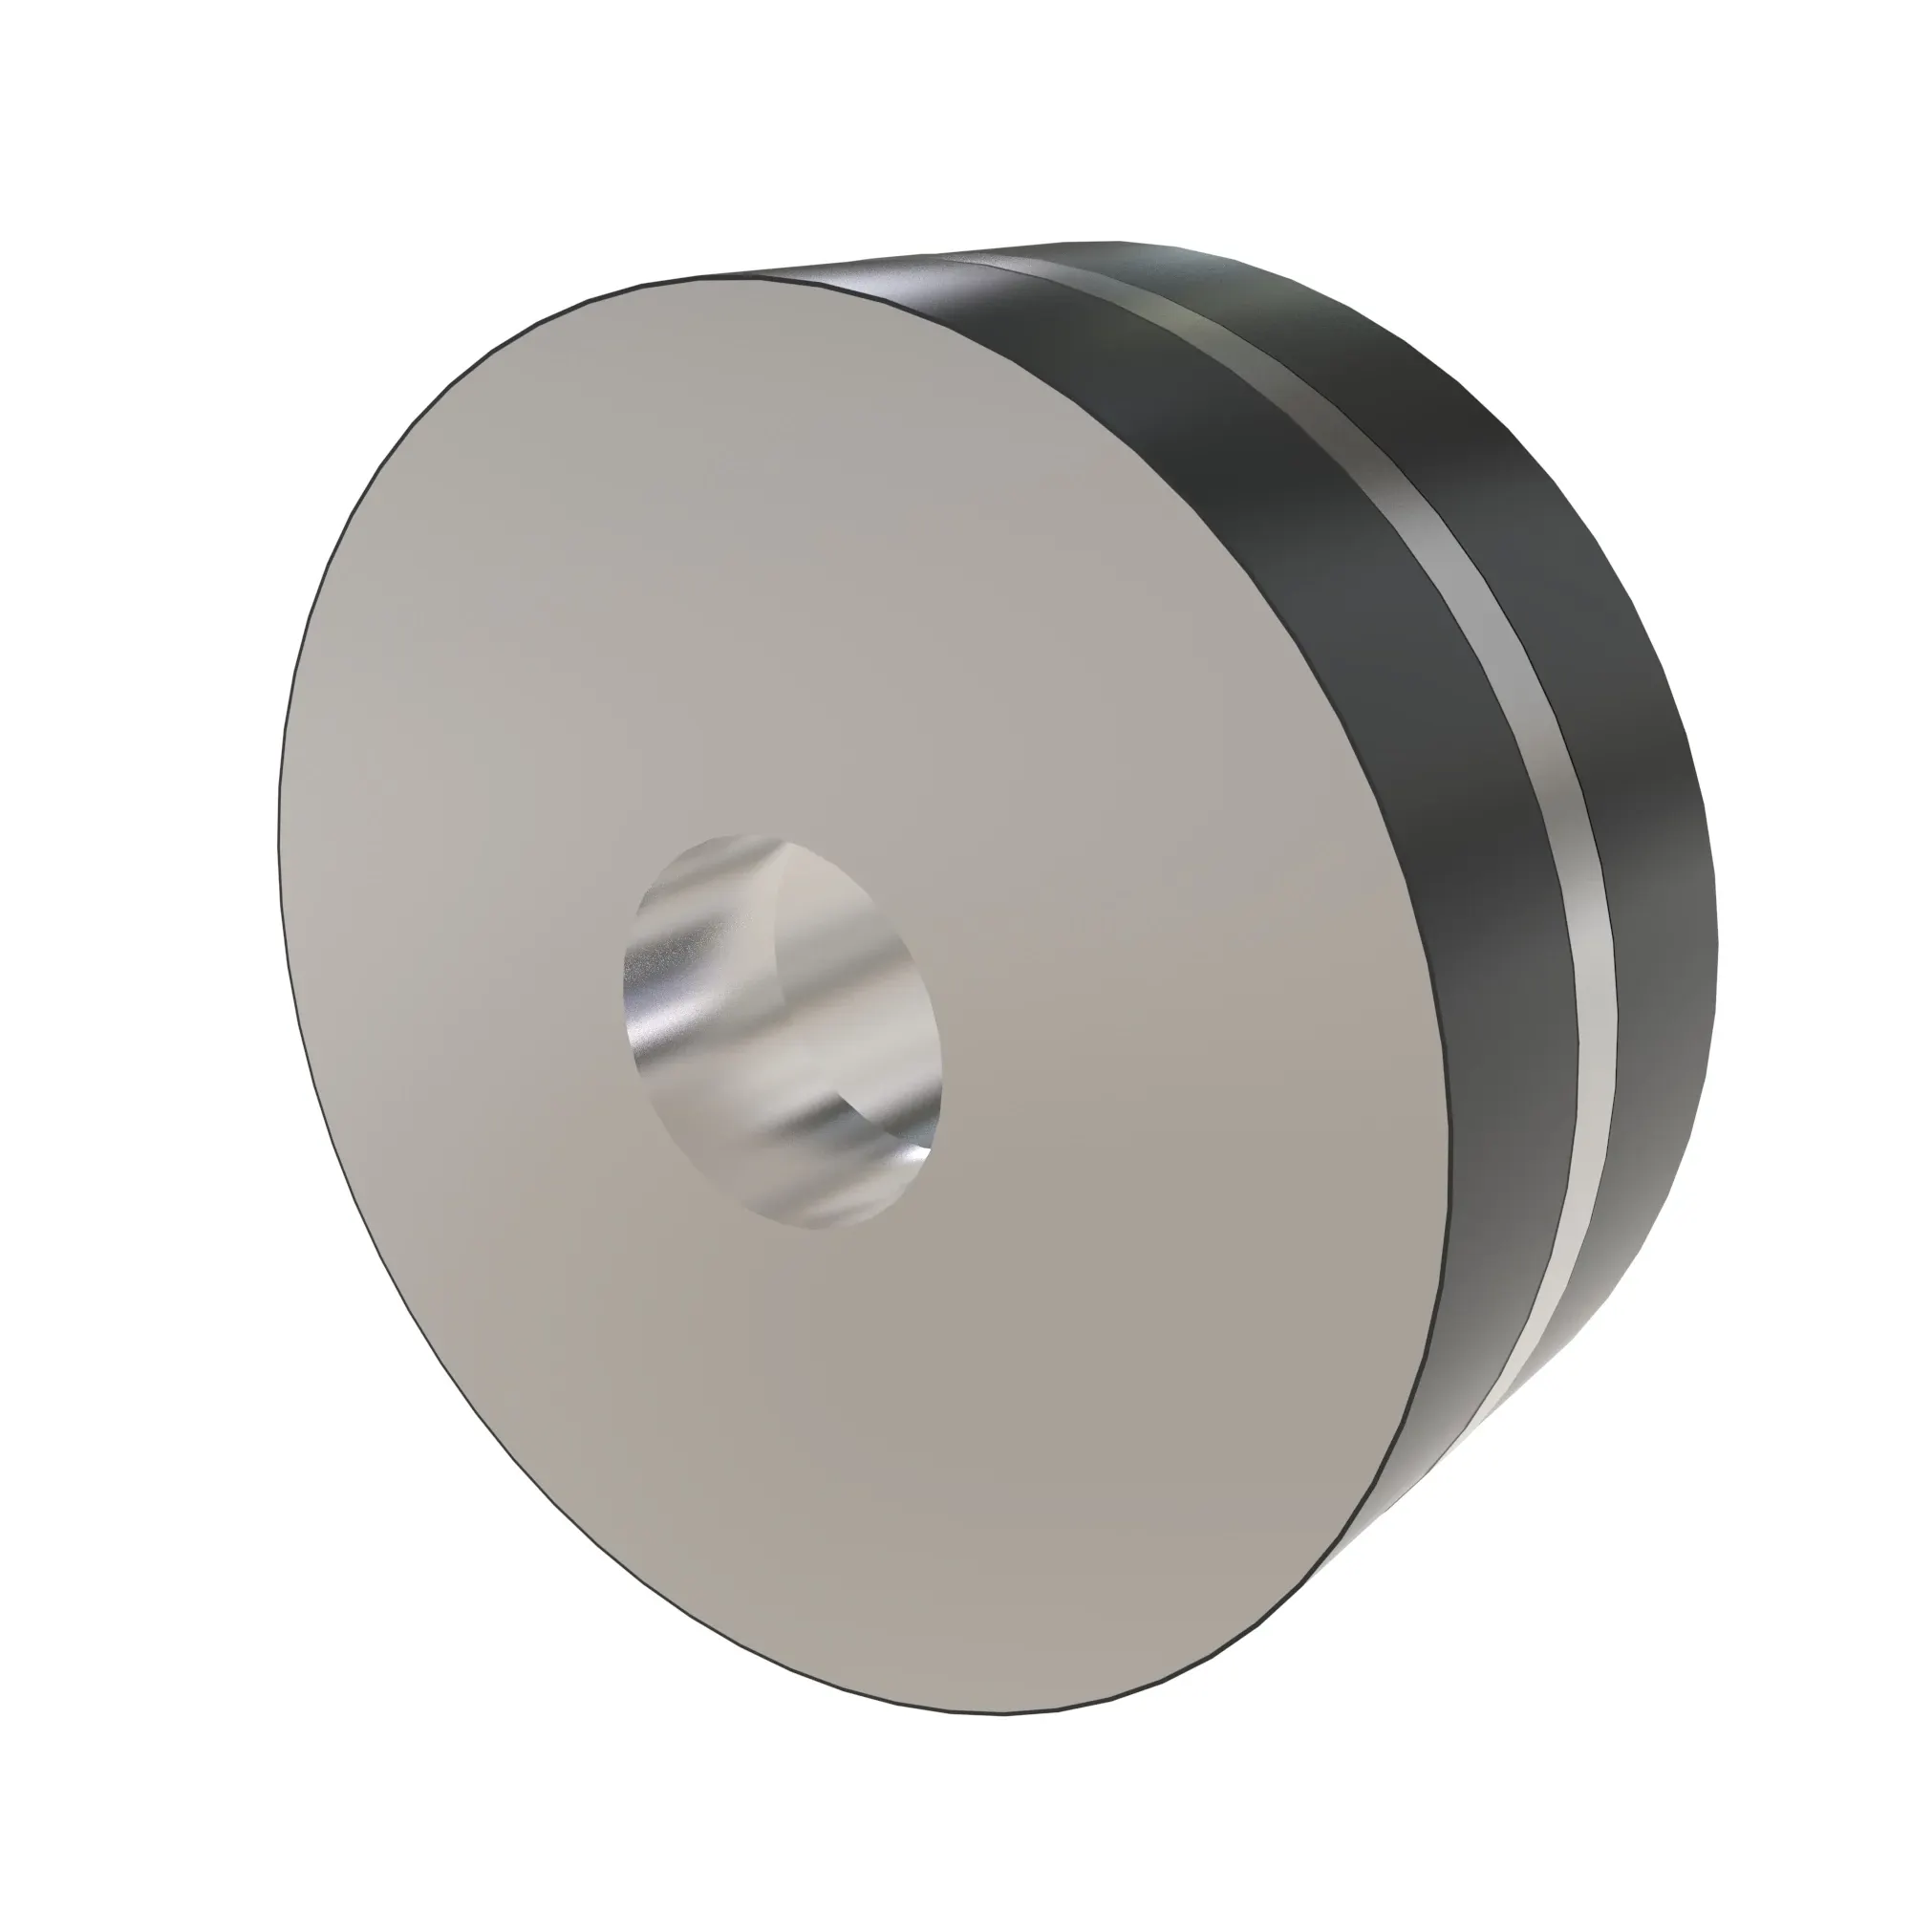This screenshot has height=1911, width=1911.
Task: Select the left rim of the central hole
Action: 624,989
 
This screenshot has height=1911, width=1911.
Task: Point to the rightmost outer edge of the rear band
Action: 1717,939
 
